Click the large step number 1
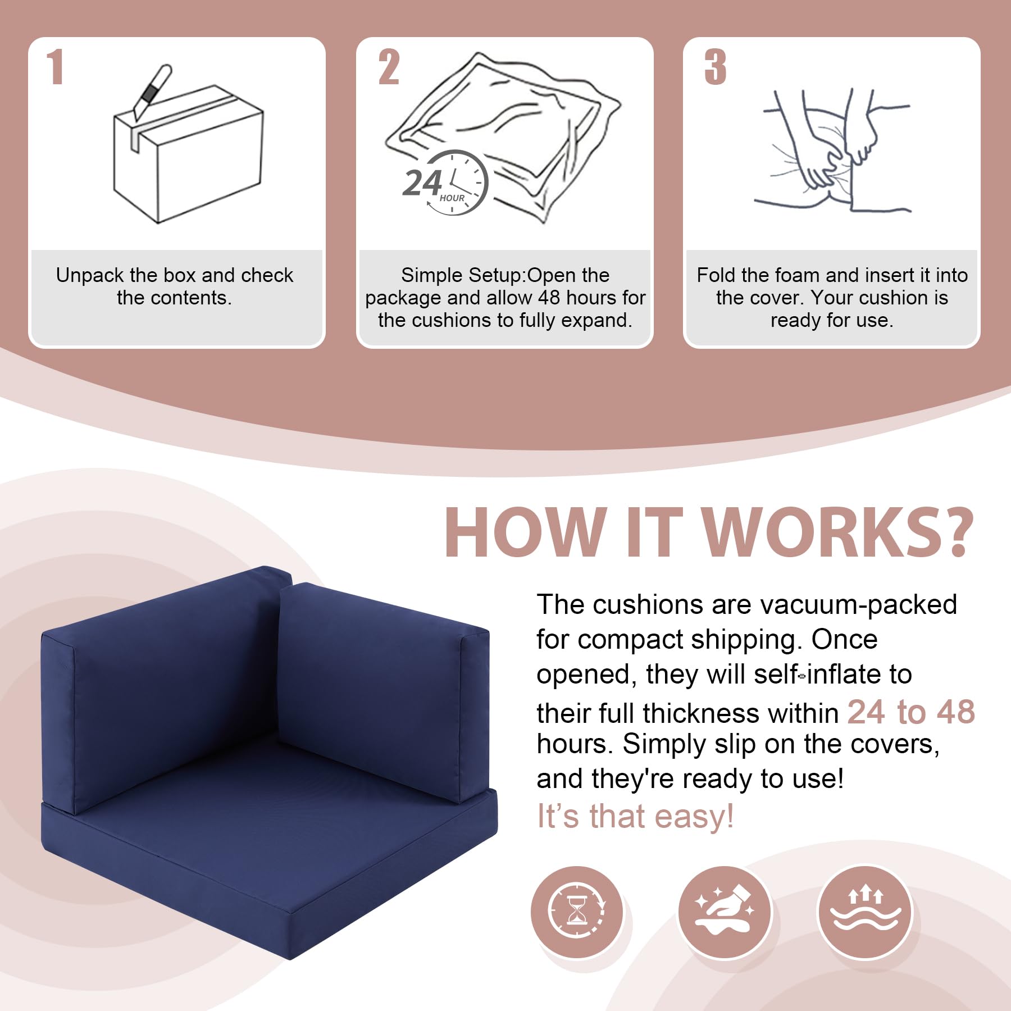coord(54,67)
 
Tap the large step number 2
coord(389,67)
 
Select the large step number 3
coord(716,67)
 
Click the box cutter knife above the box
coord(152,92)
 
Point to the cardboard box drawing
coord(188,154)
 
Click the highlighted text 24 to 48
coord(911,712)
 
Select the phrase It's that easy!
coord(635,816)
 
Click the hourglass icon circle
coord(577,912)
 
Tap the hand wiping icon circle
coord(725,912)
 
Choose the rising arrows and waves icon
coord(865,912)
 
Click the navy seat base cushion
coord(270,842)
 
